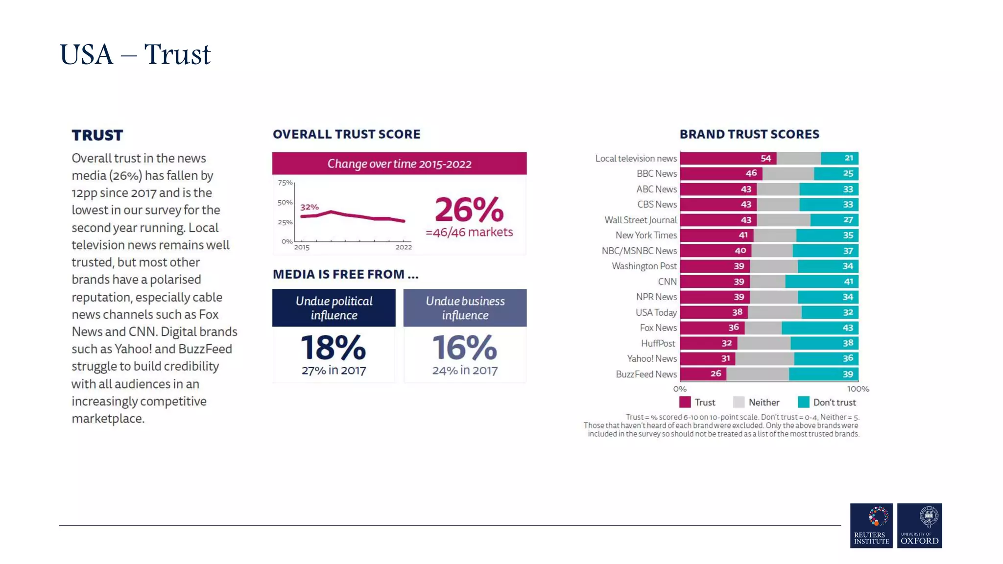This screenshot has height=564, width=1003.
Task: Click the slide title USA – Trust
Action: pos(135,54)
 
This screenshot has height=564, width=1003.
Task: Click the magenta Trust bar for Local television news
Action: pos(728,158)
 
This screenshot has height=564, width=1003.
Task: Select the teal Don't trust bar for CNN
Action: pos(821,282)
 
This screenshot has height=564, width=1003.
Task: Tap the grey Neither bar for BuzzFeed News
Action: pos(757,374)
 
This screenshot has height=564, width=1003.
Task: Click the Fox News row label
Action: pos(658,328)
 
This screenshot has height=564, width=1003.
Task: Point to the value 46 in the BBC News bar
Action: pos(751,173)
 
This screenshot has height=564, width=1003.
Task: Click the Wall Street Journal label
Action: pos(640,220)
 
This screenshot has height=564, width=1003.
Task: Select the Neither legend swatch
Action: pos(739,402)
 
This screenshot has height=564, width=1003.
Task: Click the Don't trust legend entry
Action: pos(827,402)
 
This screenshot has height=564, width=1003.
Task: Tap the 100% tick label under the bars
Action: pos(858,389)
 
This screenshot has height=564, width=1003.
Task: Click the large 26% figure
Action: pos(469,210)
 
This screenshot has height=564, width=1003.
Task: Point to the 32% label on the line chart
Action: pos(310,207)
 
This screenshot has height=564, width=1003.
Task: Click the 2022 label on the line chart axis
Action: pos(404,247)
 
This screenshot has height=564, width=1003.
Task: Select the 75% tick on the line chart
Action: pos(285,183)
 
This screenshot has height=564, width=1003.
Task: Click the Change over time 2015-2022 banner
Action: pos(399,164)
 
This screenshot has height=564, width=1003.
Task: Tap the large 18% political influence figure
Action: pos(333,348)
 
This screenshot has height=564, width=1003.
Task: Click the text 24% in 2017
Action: pos(464,371)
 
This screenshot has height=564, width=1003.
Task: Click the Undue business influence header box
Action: pos(465,308)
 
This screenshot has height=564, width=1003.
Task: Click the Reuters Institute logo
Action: pos(871,525)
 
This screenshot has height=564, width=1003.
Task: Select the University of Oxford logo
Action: pos(919,525)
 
